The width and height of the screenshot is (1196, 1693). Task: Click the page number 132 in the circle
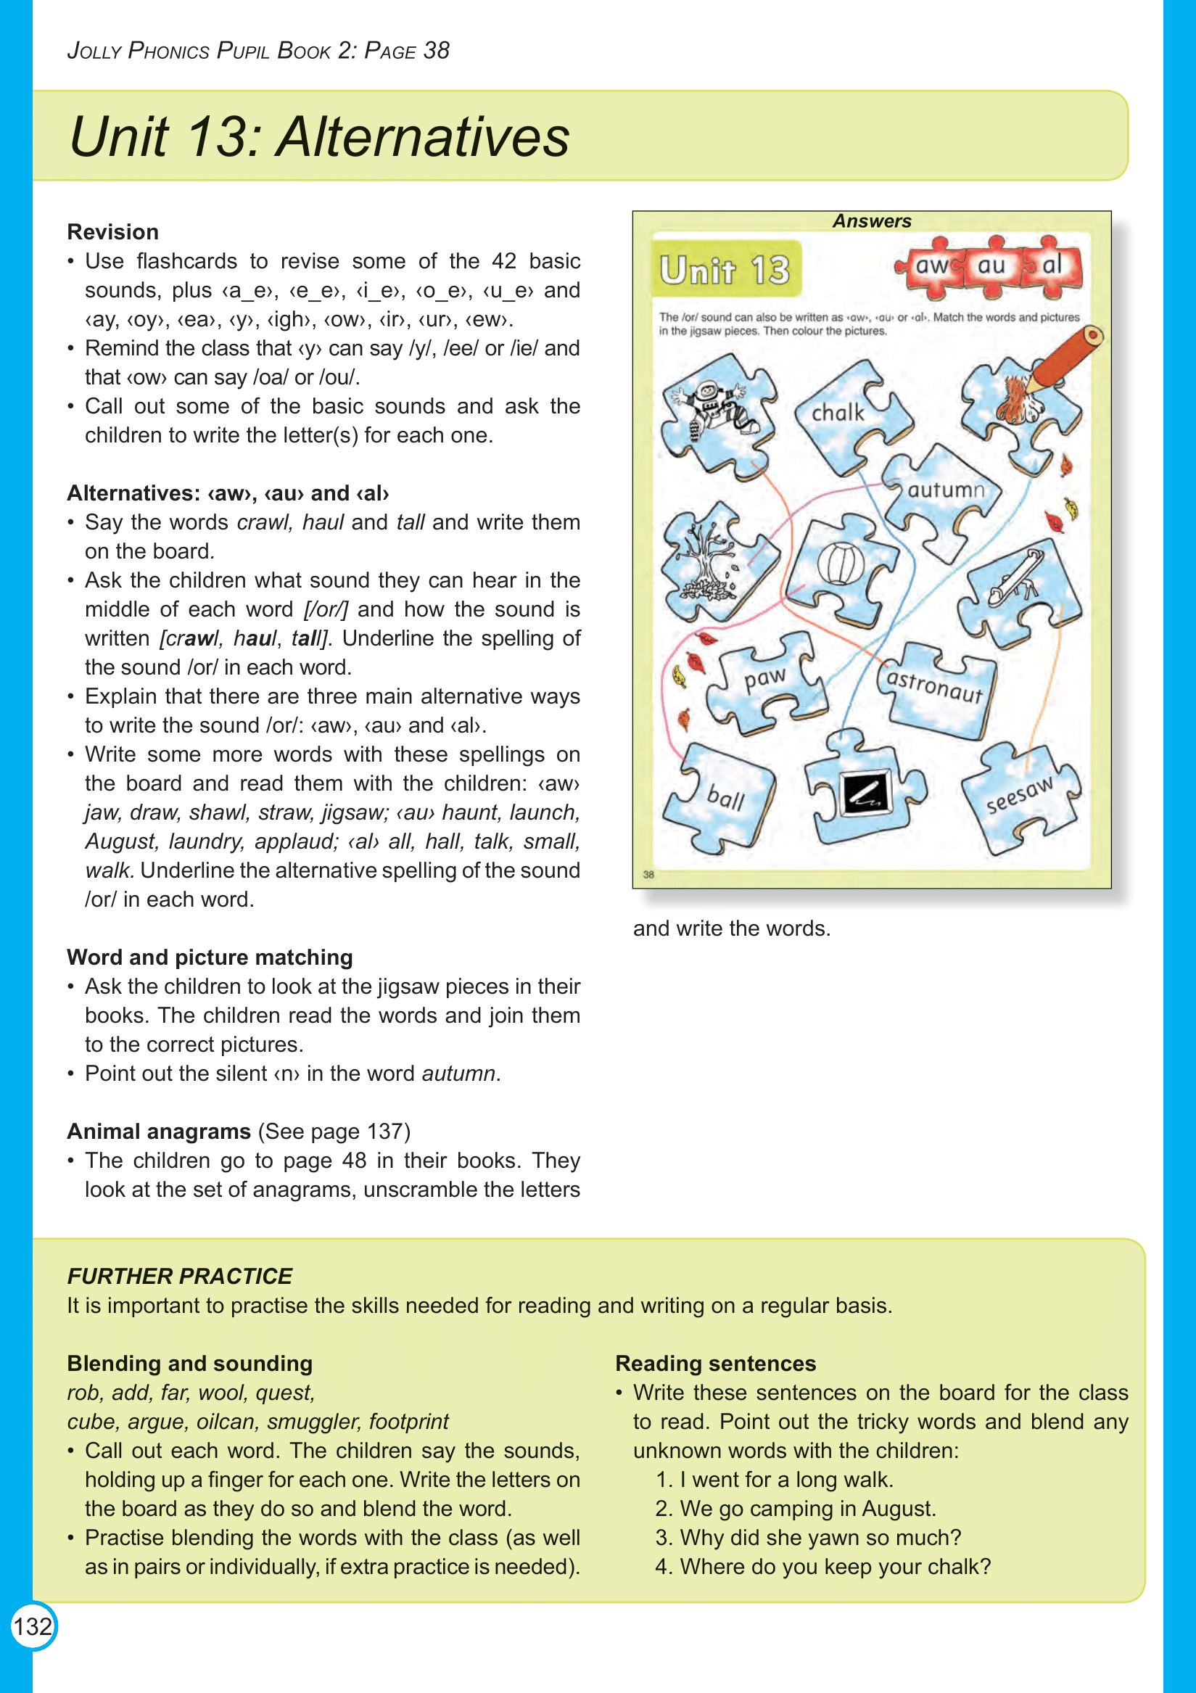pyautogui.click(x=33, y=1626)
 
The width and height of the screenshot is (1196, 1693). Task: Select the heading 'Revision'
pyautogui.click(x=113, y=232)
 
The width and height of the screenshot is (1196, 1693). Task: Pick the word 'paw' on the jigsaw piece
pyautogui.click(x=765, y=677)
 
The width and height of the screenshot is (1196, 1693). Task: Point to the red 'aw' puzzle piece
pyautogui.click(x=931, y=265)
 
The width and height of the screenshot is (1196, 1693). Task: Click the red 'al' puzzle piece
pyautogui.click(x=1052, y=264)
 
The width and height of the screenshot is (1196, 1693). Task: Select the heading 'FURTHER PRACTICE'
pyautogui.click(x=179, y=1277)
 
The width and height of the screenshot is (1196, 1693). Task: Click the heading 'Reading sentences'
pyautogui.click(x=715, y=1364)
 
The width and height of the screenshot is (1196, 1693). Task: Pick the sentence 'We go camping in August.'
pyautogui.click(x=807, y=1509)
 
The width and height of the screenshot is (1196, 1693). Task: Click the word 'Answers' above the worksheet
pyautogui.click(x=872, y=221)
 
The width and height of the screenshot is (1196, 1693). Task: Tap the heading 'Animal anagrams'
pyautogui.click(x=160, y=1131)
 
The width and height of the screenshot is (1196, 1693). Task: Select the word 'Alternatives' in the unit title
pyautogui.click(x=423, y=137)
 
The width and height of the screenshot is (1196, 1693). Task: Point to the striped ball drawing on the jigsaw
pyautogui.click(x=841, y=564)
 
